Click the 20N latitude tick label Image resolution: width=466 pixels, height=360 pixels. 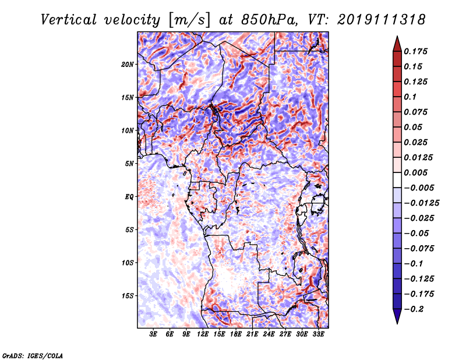pos(128,65)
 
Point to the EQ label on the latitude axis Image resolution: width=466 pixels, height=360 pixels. pos(129,197)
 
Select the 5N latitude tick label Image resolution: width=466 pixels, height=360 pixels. pos(129,164)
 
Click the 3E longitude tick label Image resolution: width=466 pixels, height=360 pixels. pos(153,334)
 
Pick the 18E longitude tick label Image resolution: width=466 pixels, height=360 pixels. pos(236,334)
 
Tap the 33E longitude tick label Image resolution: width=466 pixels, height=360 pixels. pos(318,334)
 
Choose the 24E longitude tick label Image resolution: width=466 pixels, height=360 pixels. pos(269,334)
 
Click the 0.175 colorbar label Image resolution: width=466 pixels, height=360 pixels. pos(416,51)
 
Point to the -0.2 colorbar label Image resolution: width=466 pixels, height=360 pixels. pos(414,309)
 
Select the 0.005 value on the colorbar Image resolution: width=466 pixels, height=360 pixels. pos(416,172)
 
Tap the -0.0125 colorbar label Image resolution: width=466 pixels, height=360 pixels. pos(422,203)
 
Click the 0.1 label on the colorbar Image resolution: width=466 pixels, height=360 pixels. pos(411,97)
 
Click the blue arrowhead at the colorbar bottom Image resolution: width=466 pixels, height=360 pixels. pos(397,316)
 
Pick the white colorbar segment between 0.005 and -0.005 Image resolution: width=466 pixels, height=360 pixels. pos(397,180)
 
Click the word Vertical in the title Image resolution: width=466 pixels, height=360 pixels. pos(69,20)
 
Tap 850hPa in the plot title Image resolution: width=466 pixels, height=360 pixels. pos(269,20)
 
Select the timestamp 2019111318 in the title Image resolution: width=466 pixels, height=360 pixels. pos(382,20)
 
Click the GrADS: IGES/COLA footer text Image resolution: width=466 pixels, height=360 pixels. pos(33,356)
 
